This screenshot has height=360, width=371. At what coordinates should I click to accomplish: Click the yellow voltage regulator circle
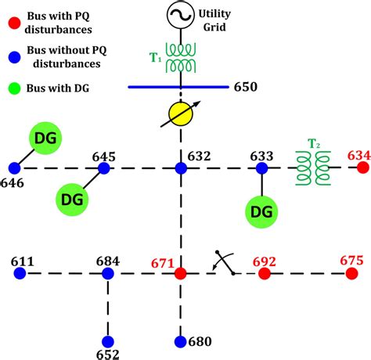(x=181, y=117)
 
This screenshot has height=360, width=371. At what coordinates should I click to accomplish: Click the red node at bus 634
(x=362, y=167)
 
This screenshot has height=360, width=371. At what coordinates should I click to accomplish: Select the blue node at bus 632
(x=181, y=167)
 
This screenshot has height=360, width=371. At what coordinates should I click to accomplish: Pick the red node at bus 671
(x=181, y=273)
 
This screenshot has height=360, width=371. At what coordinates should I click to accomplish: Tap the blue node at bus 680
(x=181, y=341)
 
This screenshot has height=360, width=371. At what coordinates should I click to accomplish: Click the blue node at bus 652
(x=108, y=341)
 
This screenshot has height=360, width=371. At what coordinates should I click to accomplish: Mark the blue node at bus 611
(x=20, y=273)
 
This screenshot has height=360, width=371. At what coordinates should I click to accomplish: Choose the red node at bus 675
(x=352, y=273)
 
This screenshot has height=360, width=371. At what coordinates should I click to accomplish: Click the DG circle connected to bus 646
(x=47, y=139)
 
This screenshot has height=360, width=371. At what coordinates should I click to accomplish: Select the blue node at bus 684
(x=108, y=273)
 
